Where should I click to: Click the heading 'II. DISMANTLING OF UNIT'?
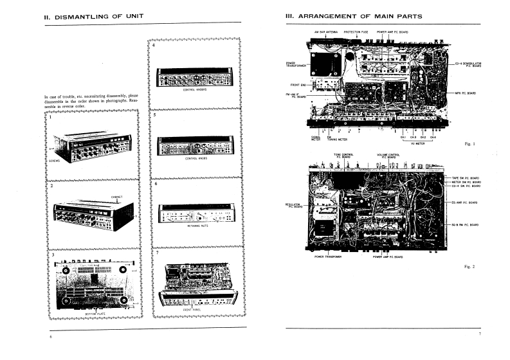[94, 15]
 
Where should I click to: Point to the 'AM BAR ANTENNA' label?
[325, 31]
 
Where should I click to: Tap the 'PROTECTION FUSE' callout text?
[356, 31]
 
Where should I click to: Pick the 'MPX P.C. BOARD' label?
[465, 93]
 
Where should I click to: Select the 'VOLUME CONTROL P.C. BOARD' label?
[388, 156]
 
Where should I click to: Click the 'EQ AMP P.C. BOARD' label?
[464, 203]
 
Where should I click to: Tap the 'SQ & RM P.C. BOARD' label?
[465, 224]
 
